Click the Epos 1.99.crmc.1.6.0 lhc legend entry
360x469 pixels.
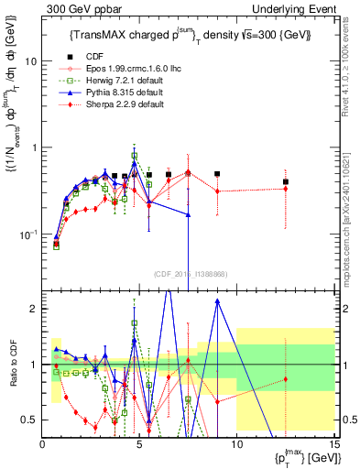(x=119, y=70)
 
